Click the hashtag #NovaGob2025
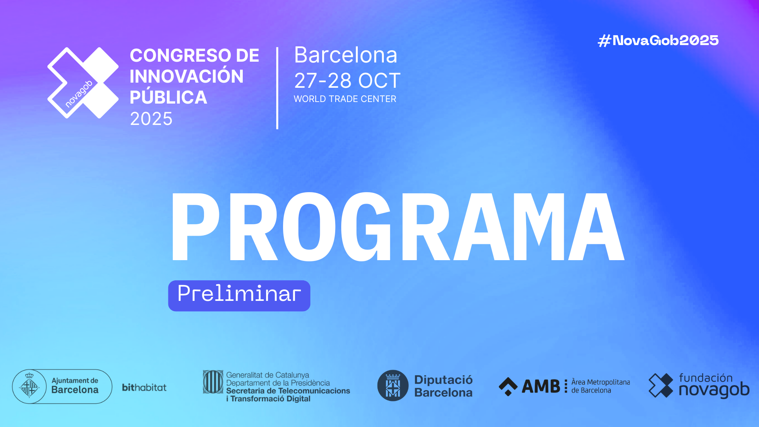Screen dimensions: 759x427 coord(658,40)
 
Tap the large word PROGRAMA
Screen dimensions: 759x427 coord(398,227)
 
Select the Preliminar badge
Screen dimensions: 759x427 coord(239,296)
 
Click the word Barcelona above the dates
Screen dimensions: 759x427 coord(346,55)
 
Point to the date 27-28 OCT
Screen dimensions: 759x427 coord(347,81)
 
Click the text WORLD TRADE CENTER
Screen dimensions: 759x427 coord(345,99)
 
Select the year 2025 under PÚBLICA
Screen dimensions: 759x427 coord(151,119)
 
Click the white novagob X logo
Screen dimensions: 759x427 coord(83,83)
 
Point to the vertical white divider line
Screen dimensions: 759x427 coord(277,88)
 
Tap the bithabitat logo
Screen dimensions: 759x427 coord(144,387)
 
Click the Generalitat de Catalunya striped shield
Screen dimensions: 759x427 coord(213,382)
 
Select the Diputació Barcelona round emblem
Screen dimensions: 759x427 coord(393,385)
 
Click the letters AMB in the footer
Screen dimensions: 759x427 coord(541,386)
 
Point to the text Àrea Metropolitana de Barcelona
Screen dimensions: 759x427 coord(600,386)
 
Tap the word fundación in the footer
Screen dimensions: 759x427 coord(706,378)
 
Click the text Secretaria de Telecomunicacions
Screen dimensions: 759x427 coord(288,391)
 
